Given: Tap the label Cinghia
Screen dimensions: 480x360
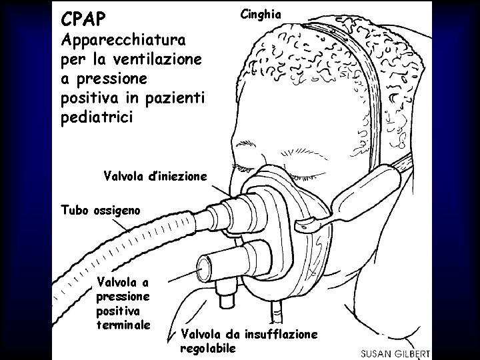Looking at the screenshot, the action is (261, 13).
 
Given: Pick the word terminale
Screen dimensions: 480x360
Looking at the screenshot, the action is (123, 325).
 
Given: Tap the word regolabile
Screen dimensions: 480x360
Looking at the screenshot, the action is (207, 348).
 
